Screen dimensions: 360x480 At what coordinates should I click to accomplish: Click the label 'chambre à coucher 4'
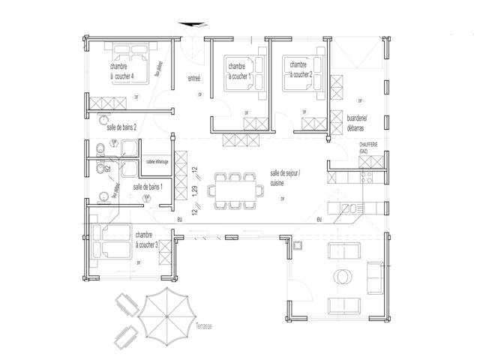coord(122,71)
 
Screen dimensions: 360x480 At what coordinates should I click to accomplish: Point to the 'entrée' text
coord(193,79)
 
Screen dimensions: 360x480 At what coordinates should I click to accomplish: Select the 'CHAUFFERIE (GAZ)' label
coord(368,148)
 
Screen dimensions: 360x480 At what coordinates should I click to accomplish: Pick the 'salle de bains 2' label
coord(121,128)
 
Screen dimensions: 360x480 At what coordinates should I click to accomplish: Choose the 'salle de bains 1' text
coord(148,186)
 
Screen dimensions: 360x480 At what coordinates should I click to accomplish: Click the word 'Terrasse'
coord(200,327)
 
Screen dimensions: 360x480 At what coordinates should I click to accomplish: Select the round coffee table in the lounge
coord(345,277)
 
